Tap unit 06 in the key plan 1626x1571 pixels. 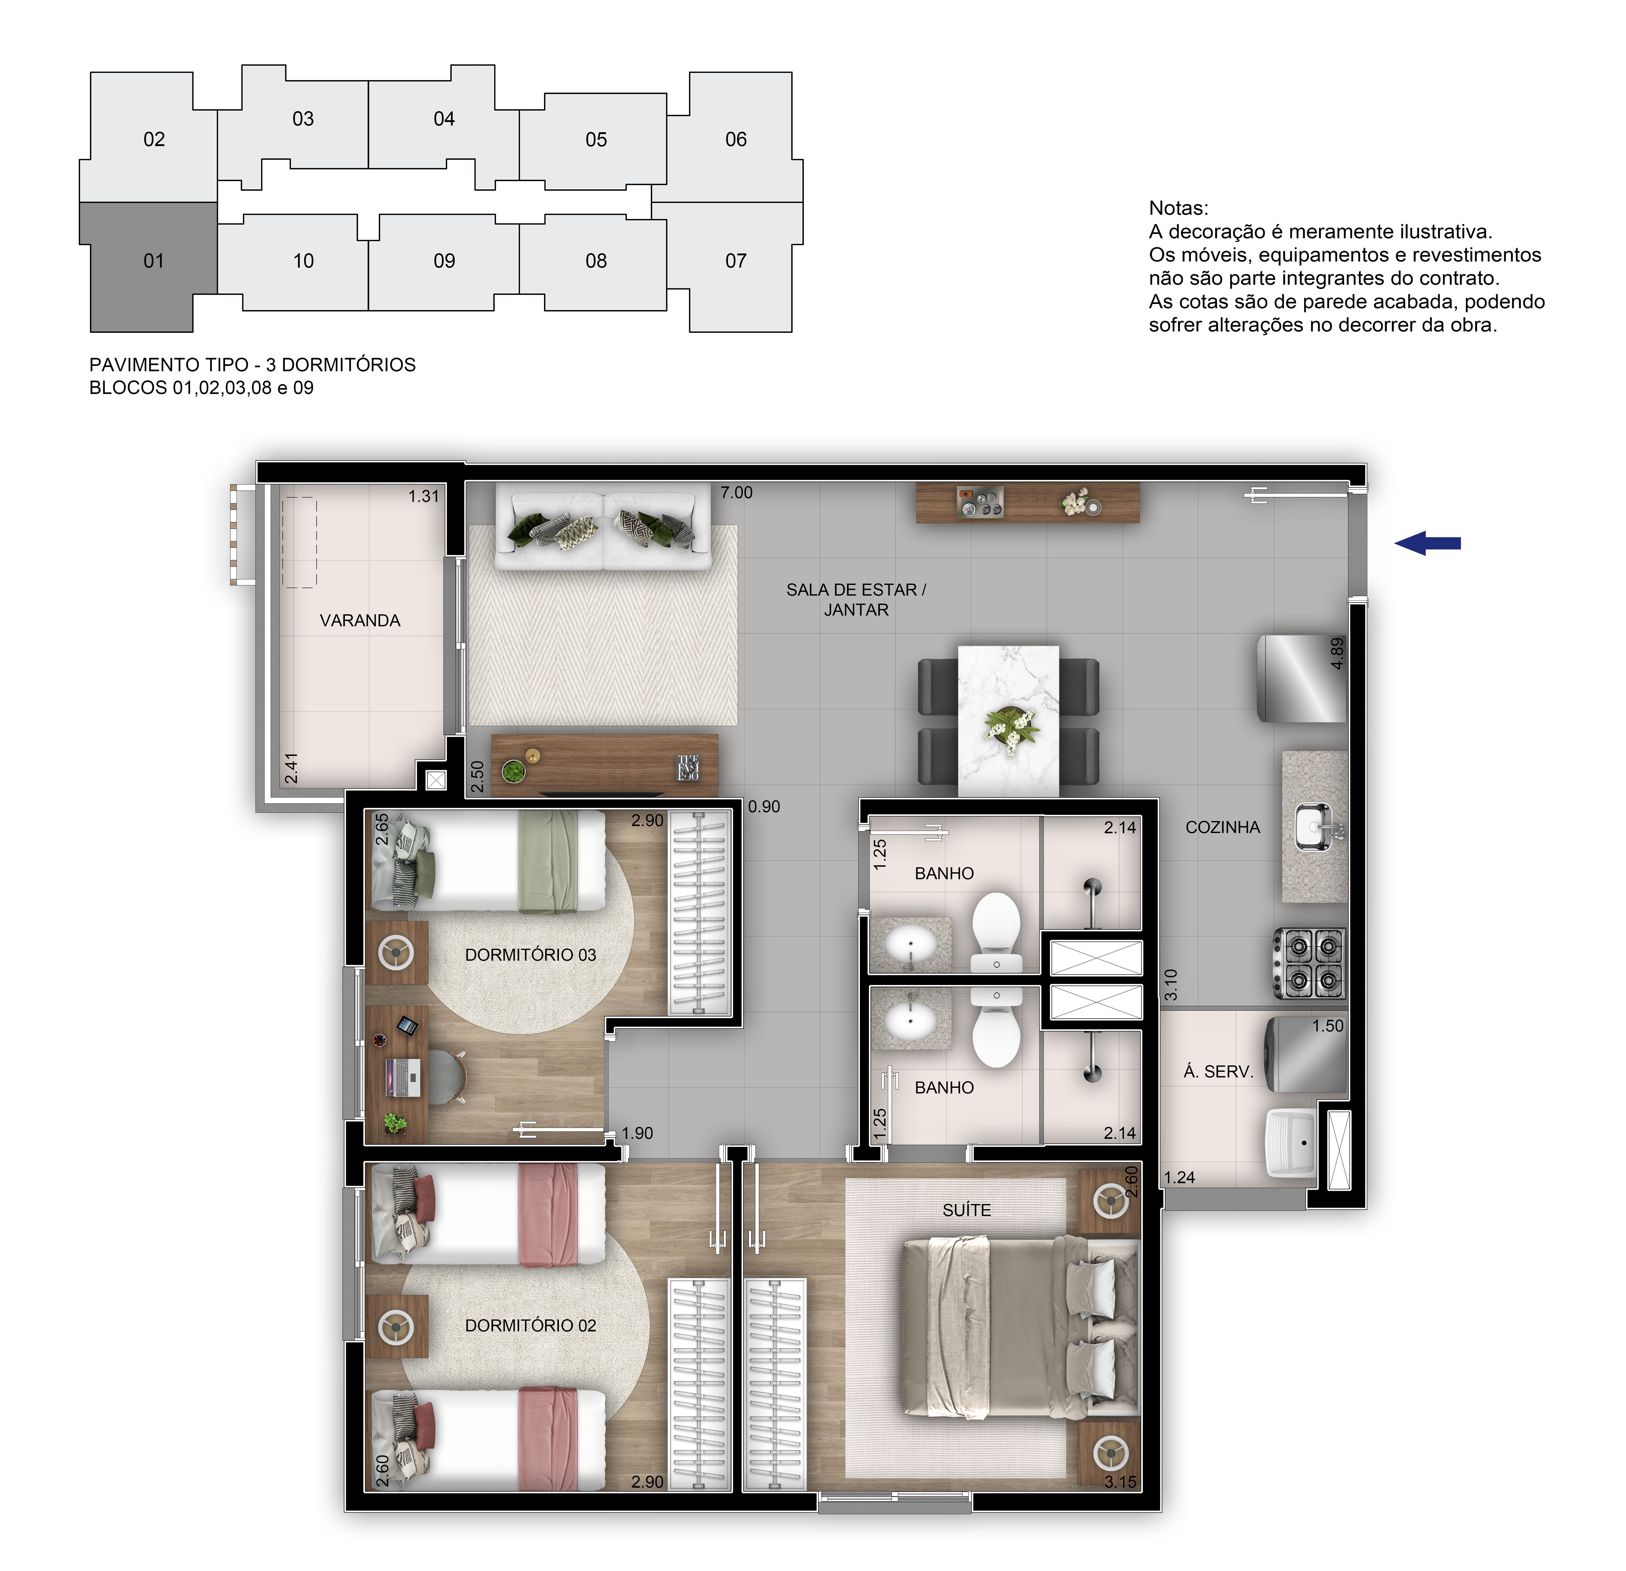[736, 139]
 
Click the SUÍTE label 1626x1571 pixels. [966, 1210]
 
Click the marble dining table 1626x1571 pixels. [1008, 720]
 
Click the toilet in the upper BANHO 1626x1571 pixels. [996, 929]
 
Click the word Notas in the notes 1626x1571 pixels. [1178, 208]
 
